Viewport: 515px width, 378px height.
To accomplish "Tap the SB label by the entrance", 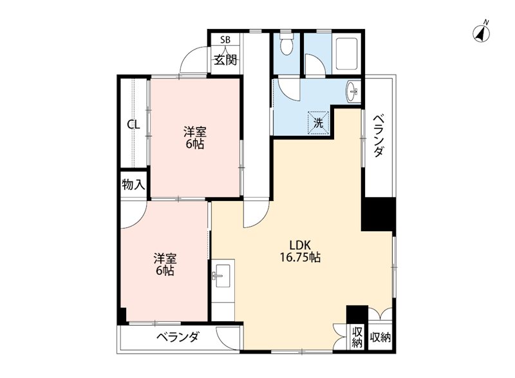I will (x=225, y=39).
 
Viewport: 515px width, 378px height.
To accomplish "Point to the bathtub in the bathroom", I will (x=348, y=53).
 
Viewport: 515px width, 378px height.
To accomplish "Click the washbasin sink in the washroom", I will (x=353, y=92).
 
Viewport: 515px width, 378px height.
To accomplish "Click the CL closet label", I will (x=133, y=125).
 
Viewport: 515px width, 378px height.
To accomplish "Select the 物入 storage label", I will (x=133, y=185).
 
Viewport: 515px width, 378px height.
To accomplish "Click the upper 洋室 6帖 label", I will (x=194, y=138).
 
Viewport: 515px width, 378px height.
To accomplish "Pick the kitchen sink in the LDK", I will (x=221, y=278).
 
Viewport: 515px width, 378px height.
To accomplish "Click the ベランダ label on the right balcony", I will (x=379, y=135).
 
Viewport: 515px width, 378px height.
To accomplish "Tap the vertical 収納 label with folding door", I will (x=358, y=337).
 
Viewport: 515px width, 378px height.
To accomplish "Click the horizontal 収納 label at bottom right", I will (x=381, y=337).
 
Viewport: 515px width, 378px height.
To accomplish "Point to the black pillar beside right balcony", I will (x=378, y=214).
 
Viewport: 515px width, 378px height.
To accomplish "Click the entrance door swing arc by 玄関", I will (x=193, y=61).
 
